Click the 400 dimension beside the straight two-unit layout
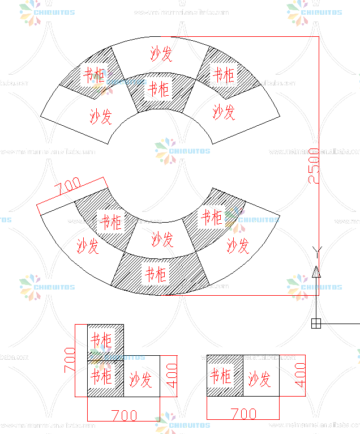pyautogui.click(x=300, y=375)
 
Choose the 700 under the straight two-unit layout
pyautogui.click(x=244, y=414)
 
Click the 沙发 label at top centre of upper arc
pyautogui.click(x=161, y=54)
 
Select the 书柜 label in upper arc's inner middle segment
pyautogui.click(x=158, y=89)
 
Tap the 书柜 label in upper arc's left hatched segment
pyautogui.click(x=94, y=75)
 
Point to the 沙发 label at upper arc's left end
pyautogui.click(x=101, y=116)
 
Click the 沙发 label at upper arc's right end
pyautogui.click(x=224, y=112)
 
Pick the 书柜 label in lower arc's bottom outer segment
pyautogui.click(x=156, y=274)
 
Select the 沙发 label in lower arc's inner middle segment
pyautogui.click(x=162, y=239)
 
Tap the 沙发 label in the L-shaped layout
pyautogui.click(x=140, y=379)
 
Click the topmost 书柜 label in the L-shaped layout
pyautogui.click(x=101, y=341)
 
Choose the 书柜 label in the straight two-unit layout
pyautogui.click(x=220, y=376)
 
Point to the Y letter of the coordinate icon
pyautogui.click(x=317, y=250)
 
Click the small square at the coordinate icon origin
pyautogui.click(x=316, y=323)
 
